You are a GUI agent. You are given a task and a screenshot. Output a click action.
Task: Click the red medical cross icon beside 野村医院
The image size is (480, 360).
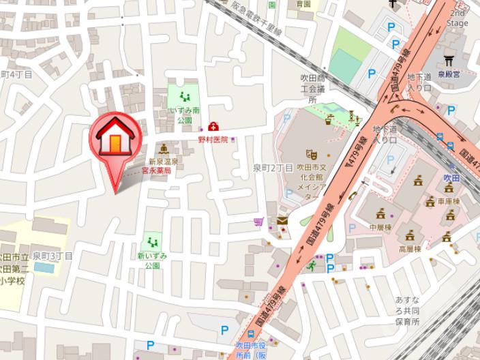click(x=213, y=126)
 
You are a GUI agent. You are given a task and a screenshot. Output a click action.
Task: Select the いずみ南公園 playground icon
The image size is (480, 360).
click(x=184, y=97)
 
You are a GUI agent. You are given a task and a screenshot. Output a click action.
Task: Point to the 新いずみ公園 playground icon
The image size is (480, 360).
click(x=152, y=242)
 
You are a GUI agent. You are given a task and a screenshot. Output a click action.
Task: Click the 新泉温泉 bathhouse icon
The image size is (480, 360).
click(x=164, y=149)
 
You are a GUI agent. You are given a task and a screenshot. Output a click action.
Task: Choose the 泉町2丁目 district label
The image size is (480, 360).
click(x=273, y=168)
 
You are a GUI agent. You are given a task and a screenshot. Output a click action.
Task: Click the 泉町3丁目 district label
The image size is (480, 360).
click(x=54, y=256)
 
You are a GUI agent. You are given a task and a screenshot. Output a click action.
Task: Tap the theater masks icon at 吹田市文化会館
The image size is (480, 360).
click(x=312, y=154)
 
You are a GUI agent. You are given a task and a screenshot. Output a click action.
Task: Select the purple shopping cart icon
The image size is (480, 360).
click(x=258, y=222)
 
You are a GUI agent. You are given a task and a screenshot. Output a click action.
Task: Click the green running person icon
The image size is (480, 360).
click(x=312, y=265)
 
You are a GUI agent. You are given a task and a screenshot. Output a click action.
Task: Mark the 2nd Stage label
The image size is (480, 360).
click(x=457, y=18)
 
